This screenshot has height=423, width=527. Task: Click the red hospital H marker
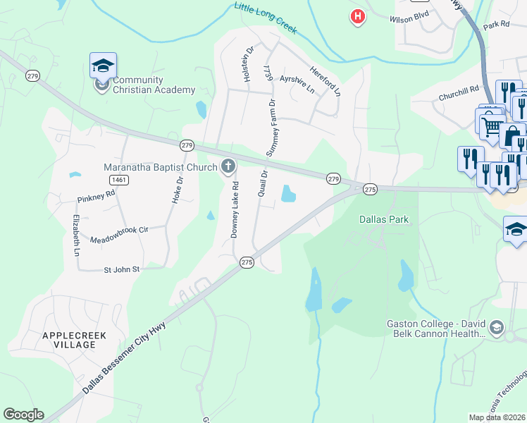pyautogui.click(x=358, y=16)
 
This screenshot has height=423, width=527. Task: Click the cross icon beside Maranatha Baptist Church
pyautogui.click(x=228, y=167)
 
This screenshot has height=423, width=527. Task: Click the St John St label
pyautogui.click(x=122, y=269)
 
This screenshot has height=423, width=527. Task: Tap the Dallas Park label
pyautogui.click(x=384, y=219)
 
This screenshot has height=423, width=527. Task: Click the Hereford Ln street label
pyautogui.click(x=324, y=81)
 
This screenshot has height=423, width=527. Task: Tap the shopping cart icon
pyautogui.click(x=491, y=126)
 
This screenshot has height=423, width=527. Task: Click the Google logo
pyautogui.click(x=23, y=415)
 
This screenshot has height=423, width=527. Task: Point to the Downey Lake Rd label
pyautogui.click(x=236, y=209)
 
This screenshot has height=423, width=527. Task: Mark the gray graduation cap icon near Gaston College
pyautogui.click(x=497, y=328)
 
